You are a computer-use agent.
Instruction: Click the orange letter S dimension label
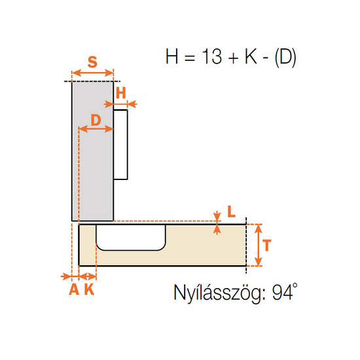pos(92,62)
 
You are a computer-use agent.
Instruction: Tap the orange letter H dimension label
pos(121,93)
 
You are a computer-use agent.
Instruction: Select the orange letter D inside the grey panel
pos(96,120)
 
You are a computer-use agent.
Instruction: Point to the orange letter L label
pos(232,211)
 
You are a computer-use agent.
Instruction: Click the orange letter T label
pos(267,245)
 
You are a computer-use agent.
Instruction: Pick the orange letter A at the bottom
pos(74,289)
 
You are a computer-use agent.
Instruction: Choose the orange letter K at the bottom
pos(89,289)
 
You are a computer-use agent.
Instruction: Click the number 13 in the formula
pos(212,56)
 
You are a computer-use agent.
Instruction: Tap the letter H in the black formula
pos(171,56)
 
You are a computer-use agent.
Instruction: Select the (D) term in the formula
pos(285,58)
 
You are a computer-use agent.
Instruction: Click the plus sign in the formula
pos(234,58)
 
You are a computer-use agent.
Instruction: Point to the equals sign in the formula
pos(190,58)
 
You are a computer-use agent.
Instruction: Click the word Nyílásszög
pos(220,293)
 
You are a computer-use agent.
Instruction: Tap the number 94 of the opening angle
pos(283,293)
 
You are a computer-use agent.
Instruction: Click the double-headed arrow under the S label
pos(93,73)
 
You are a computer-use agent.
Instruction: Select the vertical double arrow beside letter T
pos(259,245)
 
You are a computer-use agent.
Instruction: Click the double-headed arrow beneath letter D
pos(96,129)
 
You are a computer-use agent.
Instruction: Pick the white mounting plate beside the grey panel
pos(120,145)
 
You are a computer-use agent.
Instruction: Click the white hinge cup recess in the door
pos(131,237)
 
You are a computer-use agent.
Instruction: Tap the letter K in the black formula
pos(251,56)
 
